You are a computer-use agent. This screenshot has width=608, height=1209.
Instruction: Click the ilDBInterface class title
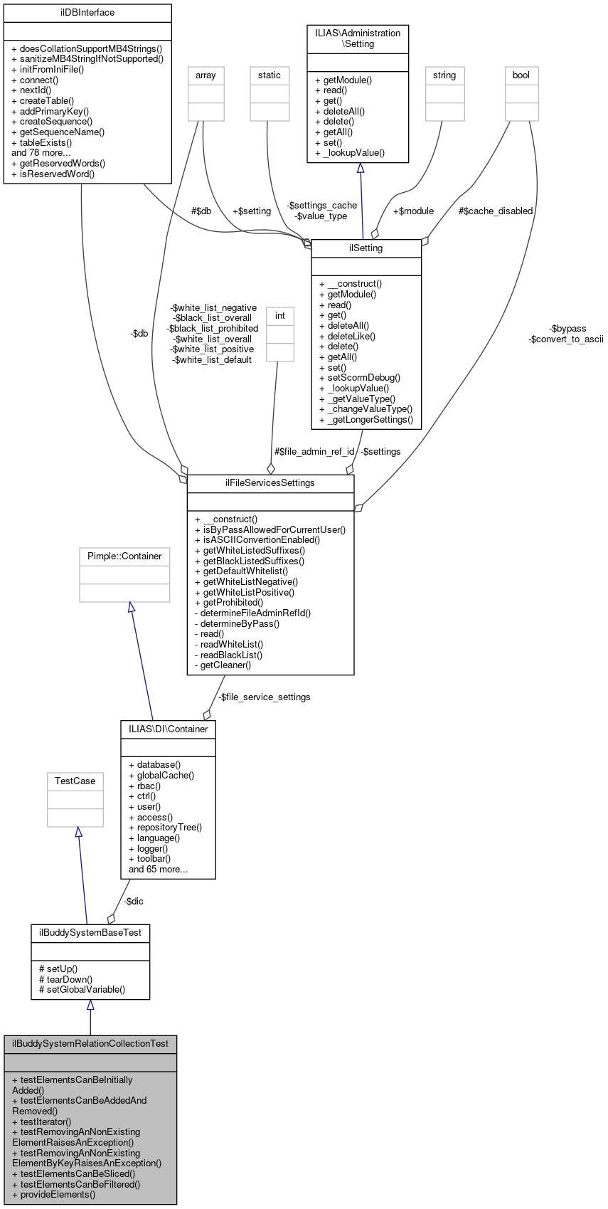pyautogui.click(x=87, y=13)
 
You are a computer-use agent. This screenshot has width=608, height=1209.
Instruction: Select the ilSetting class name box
pyautogui.click(x=366, y=248)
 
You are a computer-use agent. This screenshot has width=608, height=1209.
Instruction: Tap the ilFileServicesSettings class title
pyautogui.click(x=270, y=483)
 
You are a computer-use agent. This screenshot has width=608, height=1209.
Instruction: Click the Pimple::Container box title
pyautogui.click(x=124, y=556)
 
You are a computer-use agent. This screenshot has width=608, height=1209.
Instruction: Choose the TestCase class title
pyautogui.click(x=75, y=781)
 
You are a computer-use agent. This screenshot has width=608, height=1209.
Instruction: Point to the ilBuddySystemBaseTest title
pyautogui.click(x=90, y=932)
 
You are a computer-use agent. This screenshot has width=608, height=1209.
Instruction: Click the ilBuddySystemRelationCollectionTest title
pyautogui.click(x=90, y=1044)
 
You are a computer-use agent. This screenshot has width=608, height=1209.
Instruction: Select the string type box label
pyautogui.click(x=444, y=75)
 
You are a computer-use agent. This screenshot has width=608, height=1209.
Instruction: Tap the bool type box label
pyautogui.click(x=521, y=75)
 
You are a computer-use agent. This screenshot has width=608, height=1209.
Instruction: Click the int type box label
pyautogui.click(x=280, y=316)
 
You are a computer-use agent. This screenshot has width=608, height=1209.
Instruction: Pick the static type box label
pyautogui.click(x=270, y=75)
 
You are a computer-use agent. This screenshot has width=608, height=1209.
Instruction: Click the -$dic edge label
pyautogui.click(x=134, y=902)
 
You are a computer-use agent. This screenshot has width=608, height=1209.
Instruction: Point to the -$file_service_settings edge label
pyautogui.click(x=265, y=697)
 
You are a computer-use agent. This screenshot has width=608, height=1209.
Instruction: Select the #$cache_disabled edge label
pyautogui.click(x=496, y=211)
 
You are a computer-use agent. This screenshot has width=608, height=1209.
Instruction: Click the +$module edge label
pyautogui.click(x=413, y=211)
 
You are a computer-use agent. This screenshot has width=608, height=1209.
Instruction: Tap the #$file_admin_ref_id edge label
pyautogui.click(x=314, y=452)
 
